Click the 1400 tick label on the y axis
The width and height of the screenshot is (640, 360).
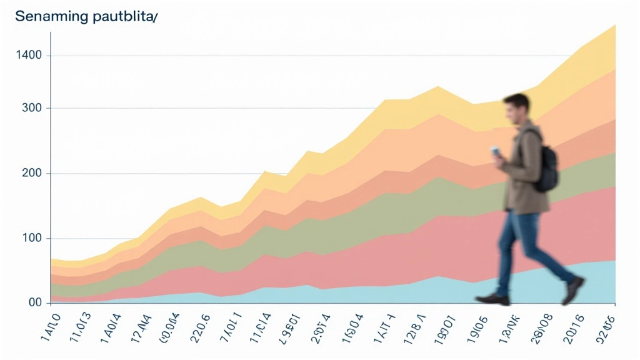coord(30,56)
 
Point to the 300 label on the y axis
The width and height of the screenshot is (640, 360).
coord(32,108)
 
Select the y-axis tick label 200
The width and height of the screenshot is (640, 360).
coord(31,173)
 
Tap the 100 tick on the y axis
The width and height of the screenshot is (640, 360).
coord(31,238)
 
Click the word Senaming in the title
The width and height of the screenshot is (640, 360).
coord(52,17)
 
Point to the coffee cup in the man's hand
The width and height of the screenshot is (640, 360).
coord(495,152)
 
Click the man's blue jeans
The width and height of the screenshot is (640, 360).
coord(526,244)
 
